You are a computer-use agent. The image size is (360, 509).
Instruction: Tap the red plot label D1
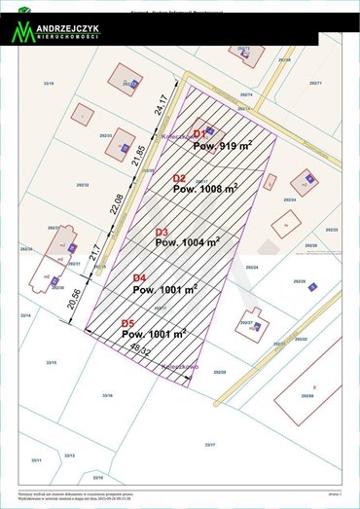199,133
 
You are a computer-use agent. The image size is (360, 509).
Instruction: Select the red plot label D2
179,178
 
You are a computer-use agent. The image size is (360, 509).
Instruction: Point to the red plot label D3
162,232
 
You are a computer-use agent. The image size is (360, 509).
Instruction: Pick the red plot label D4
139,277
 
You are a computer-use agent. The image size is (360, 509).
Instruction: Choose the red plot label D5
127,323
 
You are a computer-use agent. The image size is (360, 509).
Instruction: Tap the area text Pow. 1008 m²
205,190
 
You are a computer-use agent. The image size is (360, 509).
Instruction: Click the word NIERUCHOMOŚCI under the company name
68,39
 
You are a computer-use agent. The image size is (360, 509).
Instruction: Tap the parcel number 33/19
49,85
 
